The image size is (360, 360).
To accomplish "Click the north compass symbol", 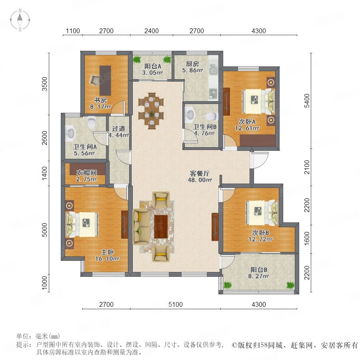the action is point(20,20).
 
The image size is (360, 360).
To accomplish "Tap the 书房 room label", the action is point(100,100).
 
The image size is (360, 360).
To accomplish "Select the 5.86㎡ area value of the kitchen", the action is point(192,70).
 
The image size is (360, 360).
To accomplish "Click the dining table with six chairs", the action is point(151,111).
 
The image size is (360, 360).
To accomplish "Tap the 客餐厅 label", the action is point(200,173).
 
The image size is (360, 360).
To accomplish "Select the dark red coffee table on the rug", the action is point(161,227).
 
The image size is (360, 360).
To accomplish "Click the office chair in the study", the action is point(95,80).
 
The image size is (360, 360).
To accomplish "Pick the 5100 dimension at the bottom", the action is point(176,304).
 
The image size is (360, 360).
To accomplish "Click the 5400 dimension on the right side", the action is point(307,100).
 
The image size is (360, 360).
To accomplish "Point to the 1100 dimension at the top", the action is point(73,31).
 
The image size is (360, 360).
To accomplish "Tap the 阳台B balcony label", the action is point(259,270).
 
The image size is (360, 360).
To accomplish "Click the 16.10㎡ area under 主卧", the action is point(107,258).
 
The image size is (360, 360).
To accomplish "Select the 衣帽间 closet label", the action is point(86,172).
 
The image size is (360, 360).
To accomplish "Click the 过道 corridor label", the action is point(118,128).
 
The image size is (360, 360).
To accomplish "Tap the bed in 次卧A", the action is point(258,101).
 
